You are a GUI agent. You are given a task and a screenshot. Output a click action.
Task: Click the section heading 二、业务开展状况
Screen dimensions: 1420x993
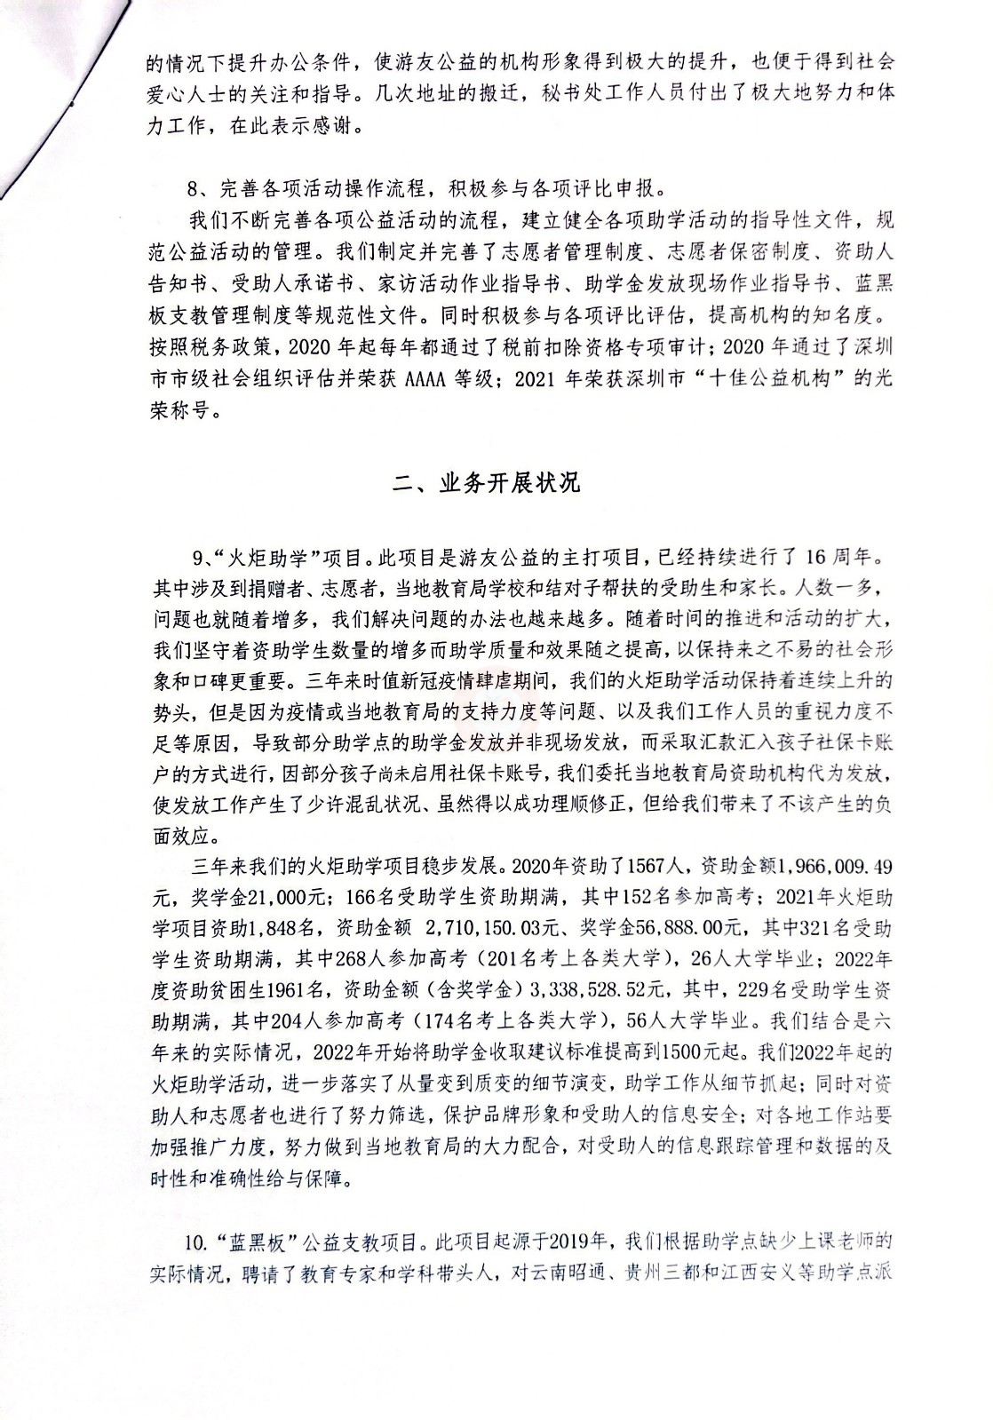[487, 482]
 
